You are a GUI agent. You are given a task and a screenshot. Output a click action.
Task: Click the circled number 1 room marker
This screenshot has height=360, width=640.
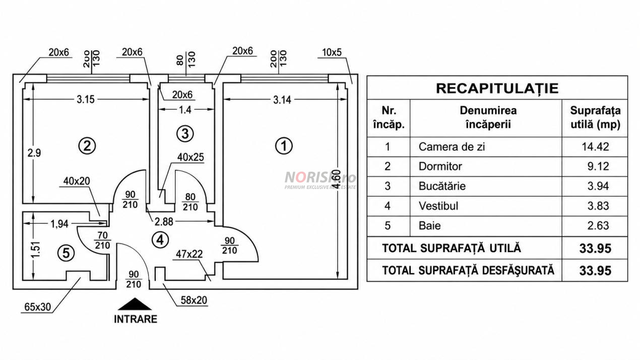click(284, 146)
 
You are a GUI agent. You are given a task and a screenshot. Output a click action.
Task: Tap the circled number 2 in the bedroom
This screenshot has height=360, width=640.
click(87, 146)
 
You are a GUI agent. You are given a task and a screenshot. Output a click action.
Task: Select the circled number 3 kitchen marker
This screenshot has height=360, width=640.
click(185, 134)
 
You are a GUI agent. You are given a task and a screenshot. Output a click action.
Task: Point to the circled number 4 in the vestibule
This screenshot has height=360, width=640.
click(160, 240)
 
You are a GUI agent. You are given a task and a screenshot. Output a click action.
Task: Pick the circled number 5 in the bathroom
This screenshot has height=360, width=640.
click(66, 253)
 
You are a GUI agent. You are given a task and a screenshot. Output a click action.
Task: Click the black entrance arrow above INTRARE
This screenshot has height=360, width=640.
click(135, 304)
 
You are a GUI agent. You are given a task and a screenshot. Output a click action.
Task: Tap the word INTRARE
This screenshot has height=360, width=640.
click(136, 319)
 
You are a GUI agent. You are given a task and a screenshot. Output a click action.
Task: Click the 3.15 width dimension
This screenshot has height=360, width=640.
click(86, 99)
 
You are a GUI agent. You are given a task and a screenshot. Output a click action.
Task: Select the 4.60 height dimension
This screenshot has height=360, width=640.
click(337, 179)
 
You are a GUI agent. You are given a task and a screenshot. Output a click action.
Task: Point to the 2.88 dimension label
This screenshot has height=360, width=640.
click(164, 222)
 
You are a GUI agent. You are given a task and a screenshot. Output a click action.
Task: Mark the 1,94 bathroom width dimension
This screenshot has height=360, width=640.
click(59, 224)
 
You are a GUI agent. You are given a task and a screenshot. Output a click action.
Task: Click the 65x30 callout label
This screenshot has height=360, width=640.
click(37, 307)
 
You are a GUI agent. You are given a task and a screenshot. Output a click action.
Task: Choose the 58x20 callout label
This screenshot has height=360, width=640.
click(194, 300)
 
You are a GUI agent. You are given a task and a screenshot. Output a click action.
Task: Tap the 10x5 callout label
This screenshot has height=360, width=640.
click(332, 52)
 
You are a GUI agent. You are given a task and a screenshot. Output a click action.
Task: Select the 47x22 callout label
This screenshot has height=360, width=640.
click(189, 254)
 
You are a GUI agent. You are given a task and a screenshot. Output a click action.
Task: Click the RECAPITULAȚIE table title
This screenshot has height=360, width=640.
click(497, 88)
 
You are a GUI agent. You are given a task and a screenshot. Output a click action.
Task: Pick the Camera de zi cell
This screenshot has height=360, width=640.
click(452, 147)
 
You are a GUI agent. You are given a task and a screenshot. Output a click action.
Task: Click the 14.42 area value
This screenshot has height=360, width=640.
click(596, 147)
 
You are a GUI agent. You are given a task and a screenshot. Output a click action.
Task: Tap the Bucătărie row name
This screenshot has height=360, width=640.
click(442, 186)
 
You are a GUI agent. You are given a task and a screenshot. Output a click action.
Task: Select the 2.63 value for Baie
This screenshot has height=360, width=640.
click(598, 225)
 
